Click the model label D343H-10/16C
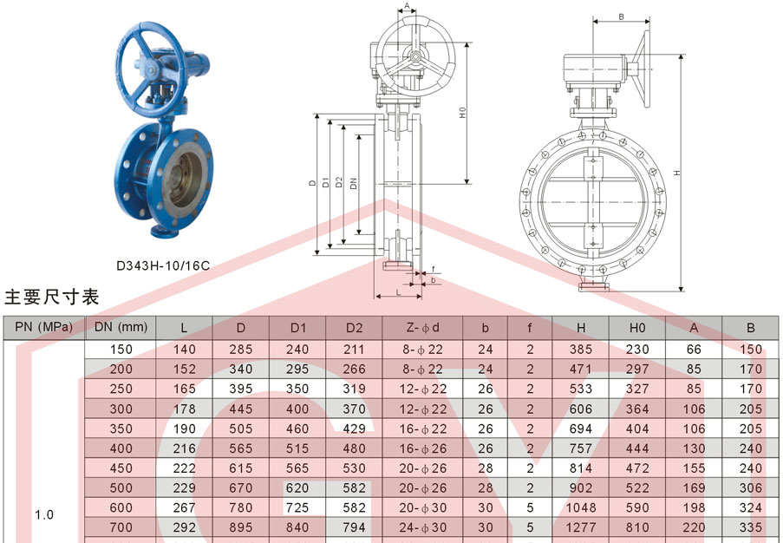(x=163, y=265)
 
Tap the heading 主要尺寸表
(x=51, y=297)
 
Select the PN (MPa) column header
(x=44, y=327)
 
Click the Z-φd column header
(x=422, y=328)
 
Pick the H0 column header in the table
(x=637, y=328)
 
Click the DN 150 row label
(x=121, y=350)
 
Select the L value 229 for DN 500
(x=185, y=488)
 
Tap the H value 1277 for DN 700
(x=581, y=527)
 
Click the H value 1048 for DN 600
(x=581, y=507)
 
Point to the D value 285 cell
(x=241, y=350)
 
